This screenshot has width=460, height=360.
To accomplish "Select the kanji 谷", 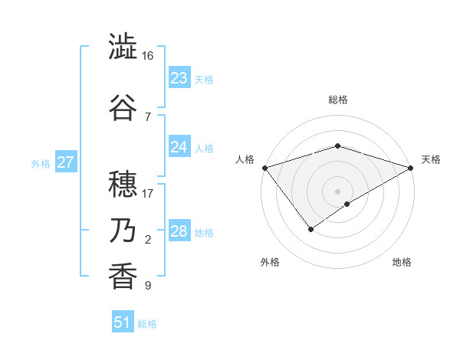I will pos(123,106).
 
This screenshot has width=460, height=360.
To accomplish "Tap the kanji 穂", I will pos(123,184).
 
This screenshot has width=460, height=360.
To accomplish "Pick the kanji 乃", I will pos(123,231).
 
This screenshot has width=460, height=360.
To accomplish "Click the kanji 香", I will pos(123,276).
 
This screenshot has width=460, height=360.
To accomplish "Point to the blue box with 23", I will pos(179,78).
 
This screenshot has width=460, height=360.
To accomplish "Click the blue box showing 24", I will pos(179,147).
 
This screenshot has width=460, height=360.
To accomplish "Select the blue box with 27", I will pos(66,162).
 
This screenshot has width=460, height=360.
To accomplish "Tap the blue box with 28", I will pos(179,231).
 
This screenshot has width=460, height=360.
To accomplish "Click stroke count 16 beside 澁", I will pos(148,57).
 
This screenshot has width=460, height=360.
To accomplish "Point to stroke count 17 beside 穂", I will pos(148,194).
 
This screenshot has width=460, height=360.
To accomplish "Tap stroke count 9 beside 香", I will pos(148,286).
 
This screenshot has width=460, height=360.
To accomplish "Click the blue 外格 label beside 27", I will pos(41,163).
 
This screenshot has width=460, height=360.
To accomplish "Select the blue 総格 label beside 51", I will pos(147,324).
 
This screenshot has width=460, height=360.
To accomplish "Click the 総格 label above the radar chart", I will pos(337,100).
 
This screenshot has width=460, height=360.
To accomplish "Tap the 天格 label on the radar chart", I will pos(431,159).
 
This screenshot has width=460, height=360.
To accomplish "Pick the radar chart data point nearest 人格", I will pos(264,168).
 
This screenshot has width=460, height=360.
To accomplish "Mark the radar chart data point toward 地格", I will pos(347,204).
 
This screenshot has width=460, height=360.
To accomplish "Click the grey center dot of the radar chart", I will pos(337,191).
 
